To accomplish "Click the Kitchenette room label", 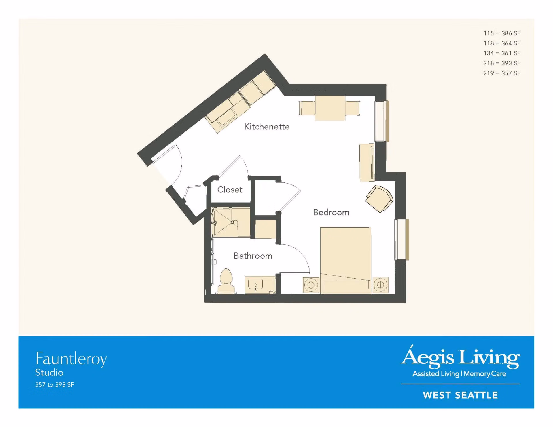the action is [267, 127].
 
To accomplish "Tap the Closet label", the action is [230, 190].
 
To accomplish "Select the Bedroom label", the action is [331, 212].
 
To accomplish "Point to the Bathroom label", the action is [253, 256].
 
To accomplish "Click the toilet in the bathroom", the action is [226, 281].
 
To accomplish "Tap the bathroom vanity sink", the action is [255, 285].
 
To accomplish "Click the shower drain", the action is [232, 222].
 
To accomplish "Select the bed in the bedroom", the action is [346, 260].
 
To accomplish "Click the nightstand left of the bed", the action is [311, 285].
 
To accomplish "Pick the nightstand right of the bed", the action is [380, 285].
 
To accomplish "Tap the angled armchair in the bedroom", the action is [379, 199].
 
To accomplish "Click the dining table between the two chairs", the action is [330, 108].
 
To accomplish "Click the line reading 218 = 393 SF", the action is [502, 63].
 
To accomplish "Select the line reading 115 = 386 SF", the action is [502, 33].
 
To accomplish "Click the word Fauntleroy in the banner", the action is [71, 359].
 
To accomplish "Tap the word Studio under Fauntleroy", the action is [49, 373].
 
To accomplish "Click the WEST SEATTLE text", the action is [460, 395].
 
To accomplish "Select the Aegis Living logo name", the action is [460, 357].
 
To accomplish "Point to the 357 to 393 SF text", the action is [55, 385].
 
